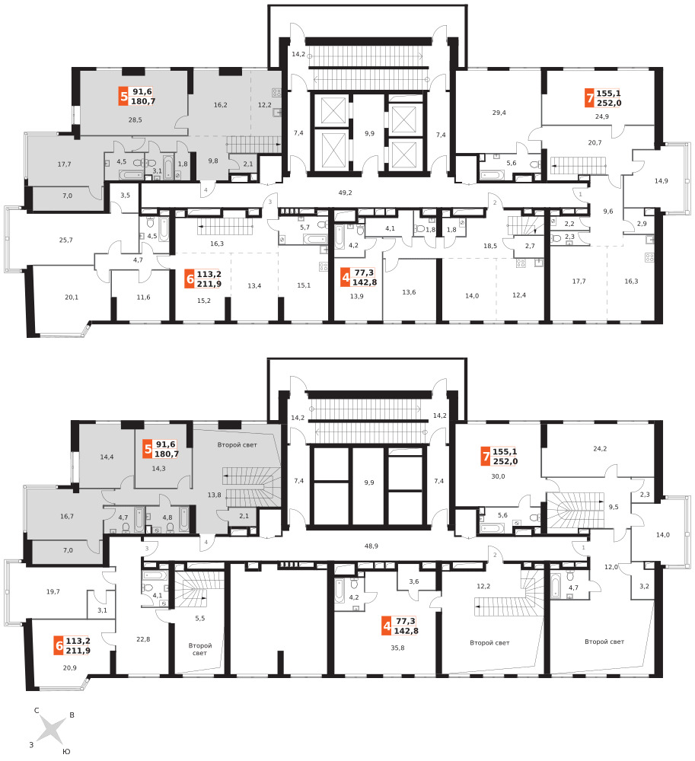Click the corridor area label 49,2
click(345, 193)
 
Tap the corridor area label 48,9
click(371, 546)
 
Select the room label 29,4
click(499, 113)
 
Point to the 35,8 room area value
click(397, 648)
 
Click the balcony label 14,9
click(661, 181)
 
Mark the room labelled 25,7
click(66, 240)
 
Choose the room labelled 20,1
click(72, 298)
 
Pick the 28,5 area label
click(135, 120)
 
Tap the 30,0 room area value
click(498, 476)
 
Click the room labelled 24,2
click(600, 449)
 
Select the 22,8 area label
click(143, 639)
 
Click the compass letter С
click(37, 711)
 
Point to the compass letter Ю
click(66, 751)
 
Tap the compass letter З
click(31, 744)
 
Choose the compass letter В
click(72, 715)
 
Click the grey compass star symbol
click(51, 730)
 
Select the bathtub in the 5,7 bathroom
click(315, 239)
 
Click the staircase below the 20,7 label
click(578, 165)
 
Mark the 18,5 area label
click(490, 246)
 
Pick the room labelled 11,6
click(143, 298)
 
